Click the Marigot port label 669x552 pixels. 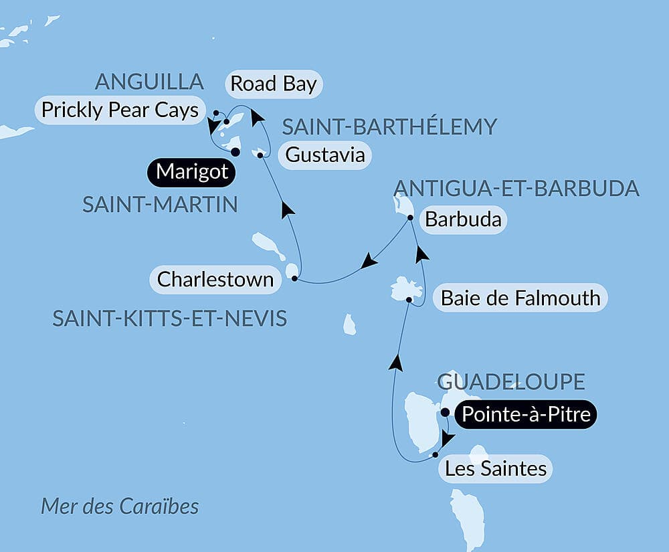click(192, 173)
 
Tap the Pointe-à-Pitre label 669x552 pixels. click(525, 415)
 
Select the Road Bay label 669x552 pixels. click(273, 84)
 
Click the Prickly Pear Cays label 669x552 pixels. click(120, 110)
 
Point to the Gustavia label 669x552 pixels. click(325, 155)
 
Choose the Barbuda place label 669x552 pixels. click(463, 220)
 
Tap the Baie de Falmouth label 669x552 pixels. click(520, 297)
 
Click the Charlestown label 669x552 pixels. click(215, 279)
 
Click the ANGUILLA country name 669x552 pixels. click(149, 82)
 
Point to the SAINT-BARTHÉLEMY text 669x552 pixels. click(389, 126)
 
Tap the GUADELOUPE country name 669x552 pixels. click(512, 382)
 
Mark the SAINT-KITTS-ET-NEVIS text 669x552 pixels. click(169, 318)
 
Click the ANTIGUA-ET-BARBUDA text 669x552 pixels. click(516, 189)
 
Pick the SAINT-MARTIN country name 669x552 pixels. click(160, 205)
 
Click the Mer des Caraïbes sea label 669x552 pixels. click(120, 506)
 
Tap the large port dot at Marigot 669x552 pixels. click(235, 152)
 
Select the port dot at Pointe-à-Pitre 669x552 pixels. click(446, 412)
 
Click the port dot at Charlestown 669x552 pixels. click(294, 278)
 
